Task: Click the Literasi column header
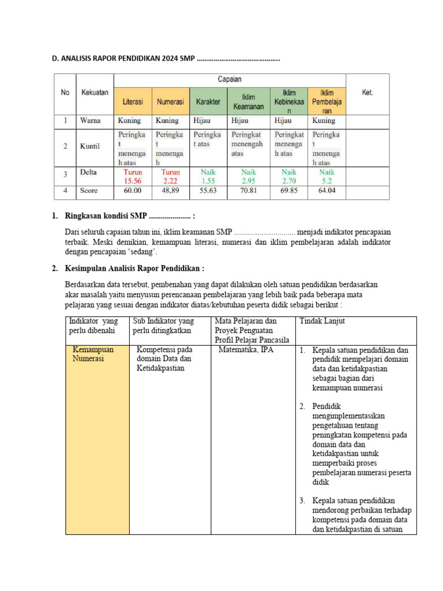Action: click(x=133, y=102)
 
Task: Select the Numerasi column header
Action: click(x=170, y=102)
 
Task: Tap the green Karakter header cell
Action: click(x=208, y=102)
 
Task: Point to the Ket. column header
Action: click(x=367, y=92)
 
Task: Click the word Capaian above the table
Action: click(x=230, y=80)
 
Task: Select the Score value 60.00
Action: click(x=133, y=190)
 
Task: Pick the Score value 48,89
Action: click(x=170, y=190)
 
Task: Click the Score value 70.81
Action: click(x=249, y=190)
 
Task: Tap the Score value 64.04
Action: click(x=326, y=190)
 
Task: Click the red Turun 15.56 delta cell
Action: click(x=133, y=176)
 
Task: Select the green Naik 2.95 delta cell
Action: click(x=249, y=176)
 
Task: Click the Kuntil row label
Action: click(x=89, y=147)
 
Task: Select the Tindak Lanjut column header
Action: click(x=322, y=321)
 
